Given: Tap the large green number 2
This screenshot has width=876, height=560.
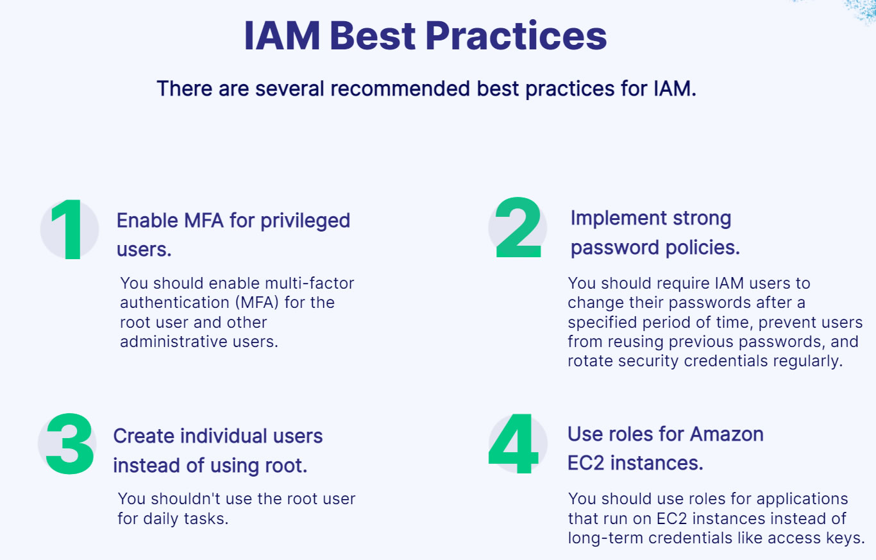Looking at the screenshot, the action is click(x=518, y=227).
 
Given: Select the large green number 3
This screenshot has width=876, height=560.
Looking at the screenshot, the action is click(x=70, y=443).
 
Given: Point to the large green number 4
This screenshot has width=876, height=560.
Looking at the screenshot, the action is click(x=514, y=443).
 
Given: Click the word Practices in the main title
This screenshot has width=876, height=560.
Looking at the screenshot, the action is click(x=516, y=36).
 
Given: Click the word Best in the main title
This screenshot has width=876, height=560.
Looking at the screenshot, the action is click(x=373, y=36).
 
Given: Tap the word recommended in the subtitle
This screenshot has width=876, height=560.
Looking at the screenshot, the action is click(x=400, y=89).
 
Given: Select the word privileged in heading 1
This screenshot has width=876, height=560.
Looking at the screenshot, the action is click(x=305, y=221).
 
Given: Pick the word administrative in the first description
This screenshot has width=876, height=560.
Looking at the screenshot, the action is click(x=174, y=341).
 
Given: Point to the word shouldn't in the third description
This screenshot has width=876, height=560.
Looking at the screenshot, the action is click(x=186, y=498).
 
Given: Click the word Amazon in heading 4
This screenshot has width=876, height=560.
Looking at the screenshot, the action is click(x=727, y=434).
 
